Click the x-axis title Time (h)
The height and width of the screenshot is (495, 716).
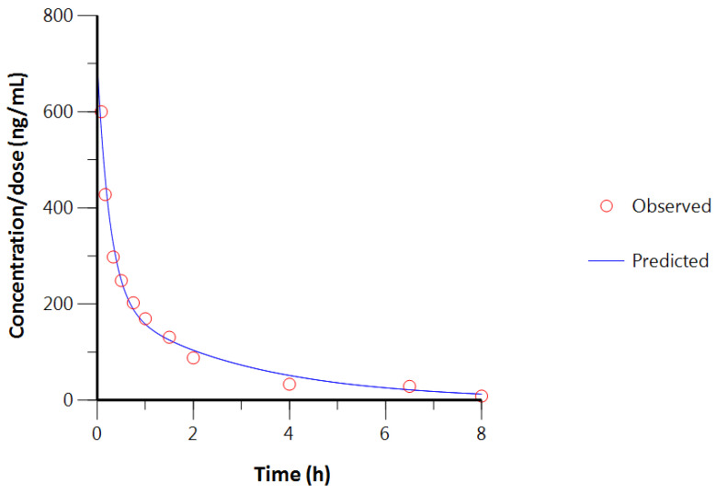coord(291,475)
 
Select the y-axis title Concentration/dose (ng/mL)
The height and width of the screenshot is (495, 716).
coord(17,207)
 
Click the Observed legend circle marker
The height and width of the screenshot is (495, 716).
coord(607,206)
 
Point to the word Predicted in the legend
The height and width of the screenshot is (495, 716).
coord(670,260)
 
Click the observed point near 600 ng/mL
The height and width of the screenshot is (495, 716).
coord(101,111)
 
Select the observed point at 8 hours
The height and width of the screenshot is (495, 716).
coord(482,396)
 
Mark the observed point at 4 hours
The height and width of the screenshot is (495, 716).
coord(290,384)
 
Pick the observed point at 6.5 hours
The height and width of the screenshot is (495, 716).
coord(410,386)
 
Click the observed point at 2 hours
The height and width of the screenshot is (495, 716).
coord(193,357)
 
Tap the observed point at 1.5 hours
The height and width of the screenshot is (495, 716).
coord(169,337)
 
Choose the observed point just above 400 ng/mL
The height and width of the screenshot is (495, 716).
coord(106,194)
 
